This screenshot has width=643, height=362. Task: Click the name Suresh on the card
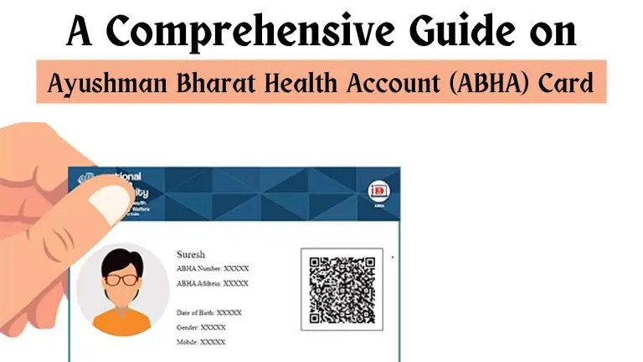[x=192, y=253]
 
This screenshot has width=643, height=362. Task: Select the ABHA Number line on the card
[x=213, y=268]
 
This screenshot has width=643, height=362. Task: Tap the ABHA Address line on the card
[x=213, y=283]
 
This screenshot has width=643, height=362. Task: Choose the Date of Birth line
[x=208, y=312]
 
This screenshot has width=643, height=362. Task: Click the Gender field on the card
[x=201, y=327]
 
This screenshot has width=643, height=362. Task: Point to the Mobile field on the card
[x=201, y=342]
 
